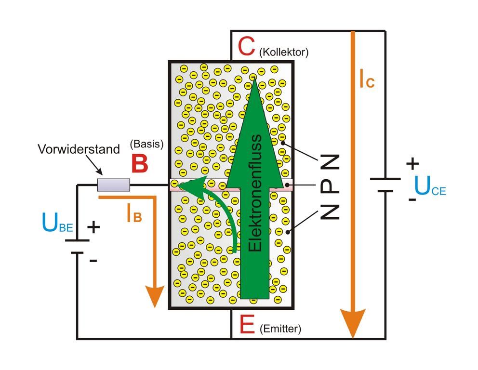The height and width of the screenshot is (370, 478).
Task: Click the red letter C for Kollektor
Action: click(246, 48)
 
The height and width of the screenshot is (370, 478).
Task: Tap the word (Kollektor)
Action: click(283, 52)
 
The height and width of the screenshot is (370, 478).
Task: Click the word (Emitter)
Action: click(280, 329)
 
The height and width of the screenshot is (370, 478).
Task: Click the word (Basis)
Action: click(147, 144)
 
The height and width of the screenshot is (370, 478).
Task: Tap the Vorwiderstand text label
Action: click(79, 149)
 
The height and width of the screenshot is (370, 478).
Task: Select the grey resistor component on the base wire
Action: click(114, 185)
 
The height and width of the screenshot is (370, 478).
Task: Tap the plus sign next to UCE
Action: click(412, 164)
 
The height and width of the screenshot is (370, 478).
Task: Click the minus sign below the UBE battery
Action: click(93, 261)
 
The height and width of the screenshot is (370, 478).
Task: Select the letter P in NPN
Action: click(330, 185)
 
